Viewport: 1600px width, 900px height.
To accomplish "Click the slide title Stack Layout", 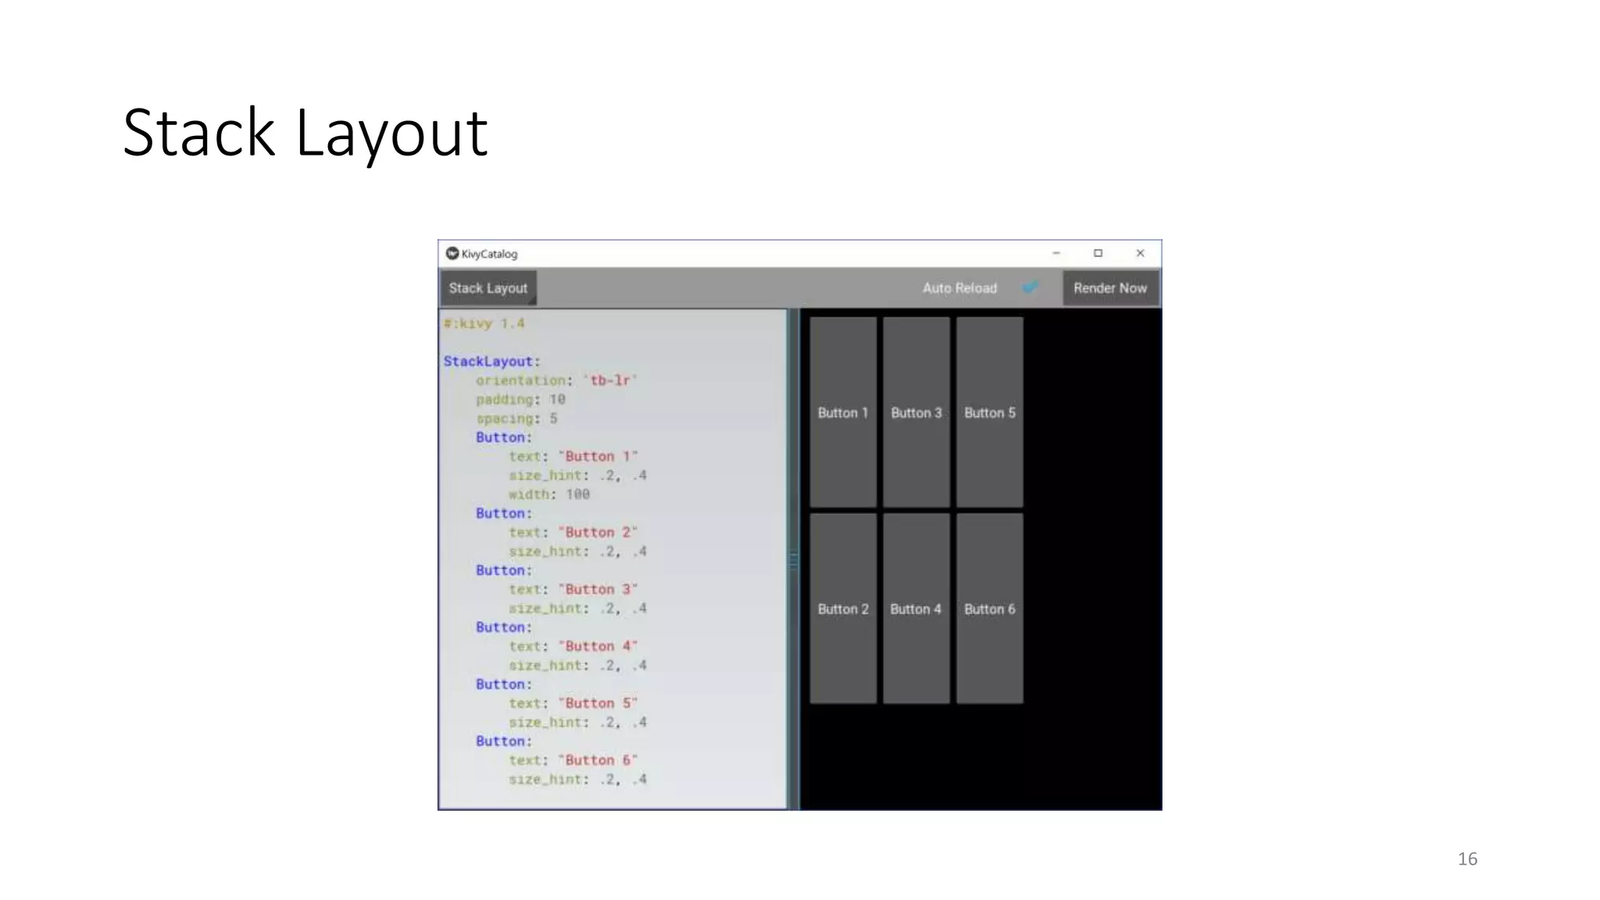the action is [305, 133].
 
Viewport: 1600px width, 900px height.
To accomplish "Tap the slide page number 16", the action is [1467, 859].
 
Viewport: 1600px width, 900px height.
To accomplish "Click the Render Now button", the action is [1109, 288].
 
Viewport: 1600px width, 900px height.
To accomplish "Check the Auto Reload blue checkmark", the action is [1030, 287].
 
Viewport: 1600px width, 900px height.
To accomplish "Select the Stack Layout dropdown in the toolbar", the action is [488, 288].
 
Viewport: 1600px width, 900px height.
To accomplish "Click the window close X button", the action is [1140, 253].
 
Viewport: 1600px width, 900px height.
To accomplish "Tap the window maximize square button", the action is [1098, 253].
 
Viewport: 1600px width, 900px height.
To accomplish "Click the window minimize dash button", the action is [1056, 253].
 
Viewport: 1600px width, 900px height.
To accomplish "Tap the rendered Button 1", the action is [843, 412].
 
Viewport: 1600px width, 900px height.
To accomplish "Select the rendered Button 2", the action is [843, 609].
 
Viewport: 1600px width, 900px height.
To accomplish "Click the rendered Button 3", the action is [916, 412].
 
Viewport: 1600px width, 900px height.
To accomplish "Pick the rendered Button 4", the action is [916, 609].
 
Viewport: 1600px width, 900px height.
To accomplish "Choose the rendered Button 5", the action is [990, 412].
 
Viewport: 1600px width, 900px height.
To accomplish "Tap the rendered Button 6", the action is [990, 609].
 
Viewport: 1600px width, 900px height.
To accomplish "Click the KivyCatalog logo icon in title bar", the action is [452, 253].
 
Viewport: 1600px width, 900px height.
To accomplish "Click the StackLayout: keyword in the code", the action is [491, 362].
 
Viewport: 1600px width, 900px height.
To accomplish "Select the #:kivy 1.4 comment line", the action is [484, 323].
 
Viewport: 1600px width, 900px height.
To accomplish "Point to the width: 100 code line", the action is [549, 495].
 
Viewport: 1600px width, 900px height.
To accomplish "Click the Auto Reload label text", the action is [959, 288].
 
